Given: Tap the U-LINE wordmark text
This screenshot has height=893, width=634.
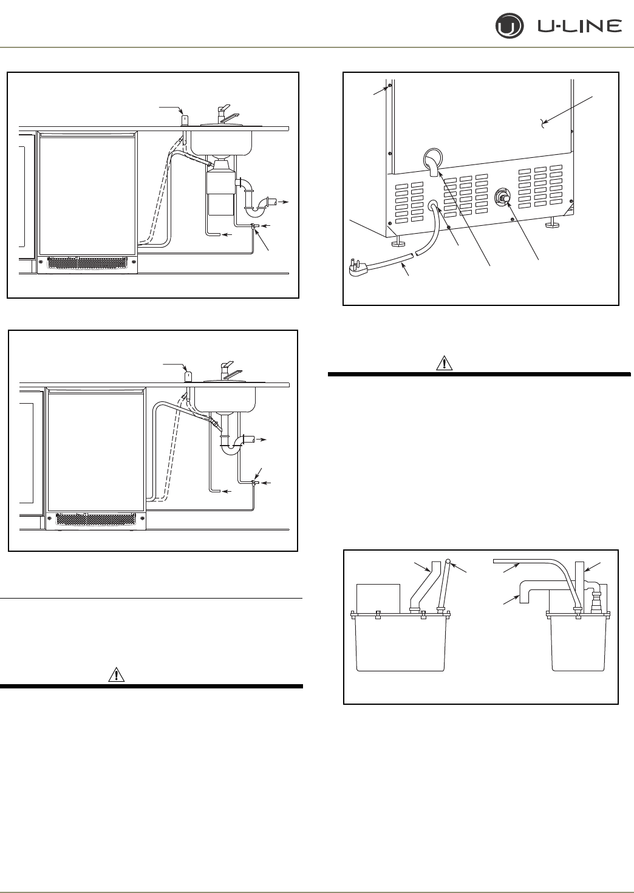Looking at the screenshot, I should tap(579, 26).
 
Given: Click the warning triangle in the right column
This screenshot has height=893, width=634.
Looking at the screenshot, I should tap(445, 364).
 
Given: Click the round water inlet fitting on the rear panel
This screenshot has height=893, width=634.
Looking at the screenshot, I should tap(503, 197).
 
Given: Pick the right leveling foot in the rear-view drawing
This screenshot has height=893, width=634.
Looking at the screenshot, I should tap(551, 225).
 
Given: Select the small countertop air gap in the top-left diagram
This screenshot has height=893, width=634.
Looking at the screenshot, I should tap(184, 118).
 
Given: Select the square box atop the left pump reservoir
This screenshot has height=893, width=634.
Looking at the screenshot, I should tap(378, 597).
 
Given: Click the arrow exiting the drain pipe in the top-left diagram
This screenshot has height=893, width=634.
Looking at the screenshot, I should tap(283, 201).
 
